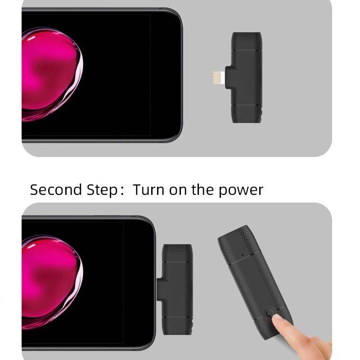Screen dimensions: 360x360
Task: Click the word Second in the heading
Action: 56,189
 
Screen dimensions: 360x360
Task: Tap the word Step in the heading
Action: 102,190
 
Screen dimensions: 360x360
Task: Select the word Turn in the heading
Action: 149,189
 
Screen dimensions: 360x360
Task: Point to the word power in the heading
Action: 241,191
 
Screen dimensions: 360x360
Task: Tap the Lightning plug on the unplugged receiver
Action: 219,77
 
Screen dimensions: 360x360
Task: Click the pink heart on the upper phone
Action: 52,74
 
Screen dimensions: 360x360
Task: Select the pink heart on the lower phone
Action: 52,282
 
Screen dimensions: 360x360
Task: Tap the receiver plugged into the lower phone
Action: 177,289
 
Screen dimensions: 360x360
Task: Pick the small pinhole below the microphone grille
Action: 243,255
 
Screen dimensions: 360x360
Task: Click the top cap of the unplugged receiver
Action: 247,41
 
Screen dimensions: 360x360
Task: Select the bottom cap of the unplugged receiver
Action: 247,114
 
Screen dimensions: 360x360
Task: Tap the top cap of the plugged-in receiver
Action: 177,253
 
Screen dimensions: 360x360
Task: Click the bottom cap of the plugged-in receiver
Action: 177,326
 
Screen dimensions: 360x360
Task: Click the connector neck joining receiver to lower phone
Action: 160,289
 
